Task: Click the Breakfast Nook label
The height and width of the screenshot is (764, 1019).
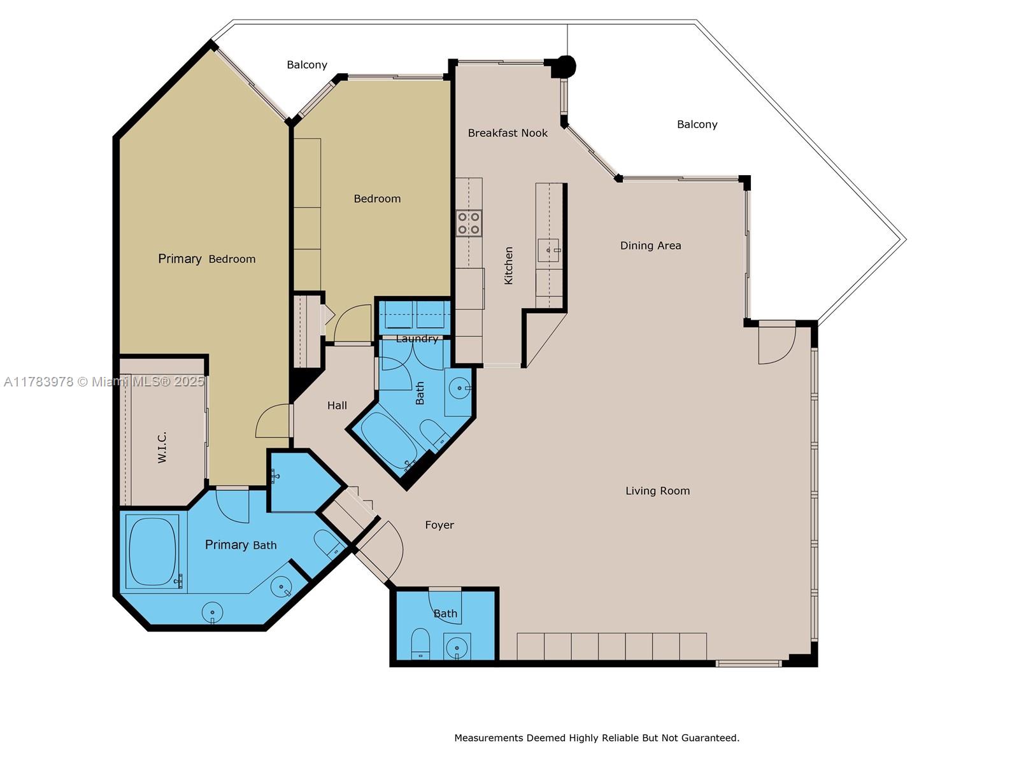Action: [508, 133]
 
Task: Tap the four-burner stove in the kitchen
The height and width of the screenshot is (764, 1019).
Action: [468, 223]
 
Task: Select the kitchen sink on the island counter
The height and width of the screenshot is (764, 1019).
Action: [549, 250]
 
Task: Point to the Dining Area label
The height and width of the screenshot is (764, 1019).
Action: [650, 245]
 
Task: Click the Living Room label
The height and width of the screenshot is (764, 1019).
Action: [657, 491]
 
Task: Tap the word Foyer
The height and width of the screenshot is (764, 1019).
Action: [439, 525]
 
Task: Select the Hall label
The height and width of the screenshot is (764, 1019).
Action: [337, 406]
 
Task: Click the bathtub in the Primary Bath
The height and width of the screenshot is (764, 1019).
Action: [152, 551]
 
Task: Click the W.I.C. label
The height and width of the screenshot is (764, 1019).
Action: [162, 448]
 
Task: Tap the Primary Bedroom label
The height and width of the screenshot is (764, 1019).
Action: [206, 259]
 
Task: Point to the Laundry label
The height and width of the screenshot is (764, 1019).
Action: [417, 339]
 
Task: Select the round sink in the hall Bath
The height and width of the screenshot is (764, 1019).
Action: [459, 388]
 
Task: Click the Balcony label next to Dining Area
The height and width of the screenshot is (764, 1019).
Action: [697, 124]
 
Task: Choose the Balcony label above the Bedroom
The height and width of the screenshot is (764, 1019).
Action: [307, 65]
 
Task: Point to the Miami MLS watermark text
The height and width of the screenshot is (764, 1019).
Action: [104, 382]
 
